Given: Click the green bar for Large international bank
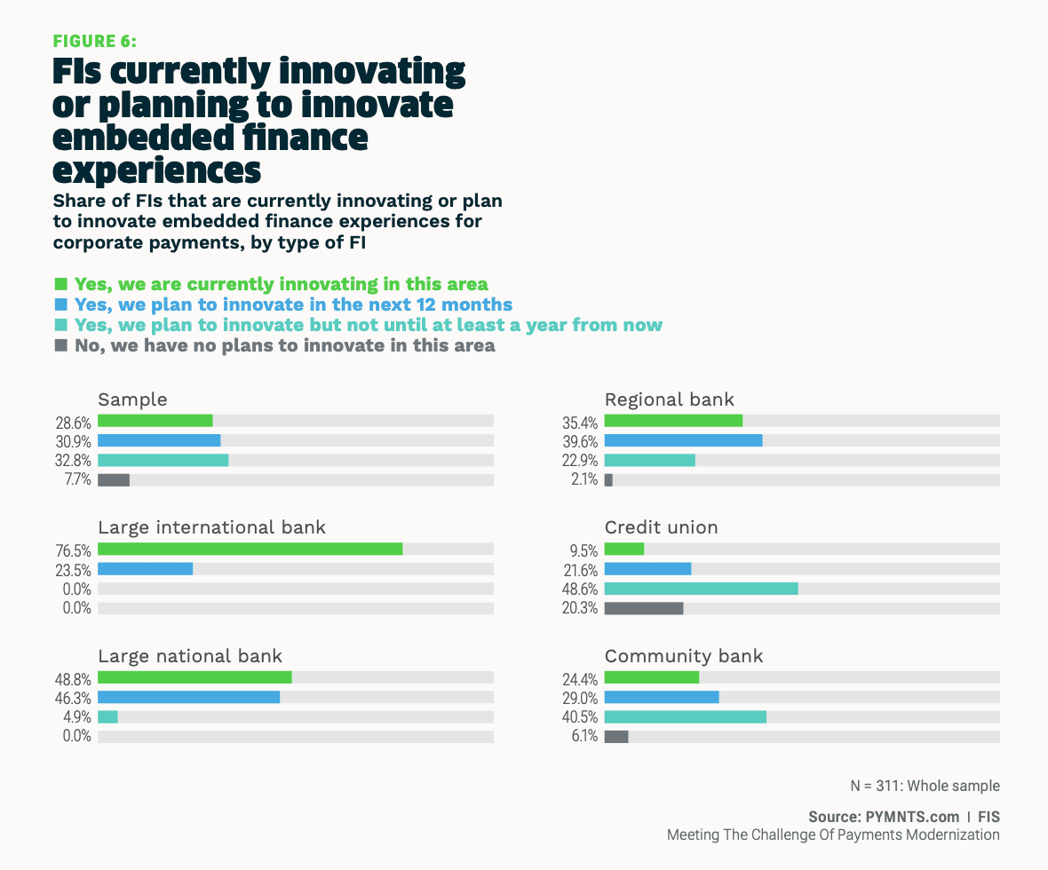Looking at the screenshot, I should click(250, 550).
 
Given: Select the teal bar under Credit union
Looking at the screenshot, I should click(701, 589).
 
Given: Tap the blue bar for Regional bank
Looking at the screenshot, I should click(683, 440).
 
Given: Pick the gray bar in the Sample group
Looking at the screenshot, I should click(114, 480).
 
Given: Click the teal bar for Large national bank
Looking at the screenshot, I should click(107, 716).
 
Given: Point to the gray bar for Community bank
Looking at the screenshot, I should click(616, 736).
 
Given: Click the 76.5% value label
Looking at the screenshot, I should click(74, 550).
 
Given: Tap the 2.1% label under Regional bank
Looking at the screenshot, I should click(585, 480).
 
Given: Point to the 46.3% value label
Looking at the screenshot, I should click(74, 698).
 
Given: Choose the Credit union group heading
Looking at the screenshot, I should click(661, 527).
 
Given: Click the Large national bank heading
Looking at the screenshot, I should click(190, 656).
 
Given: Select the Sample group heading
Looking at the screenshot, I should click(132, 399).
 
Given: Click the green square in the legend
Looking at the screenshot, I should click(61, 284).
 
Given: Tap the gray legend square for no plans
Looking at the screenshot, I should click(61, 345).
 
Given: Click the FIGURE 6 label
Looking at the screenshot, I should click(95, 41).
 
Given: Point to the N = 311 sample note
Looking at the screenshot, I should click(925, 786).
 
